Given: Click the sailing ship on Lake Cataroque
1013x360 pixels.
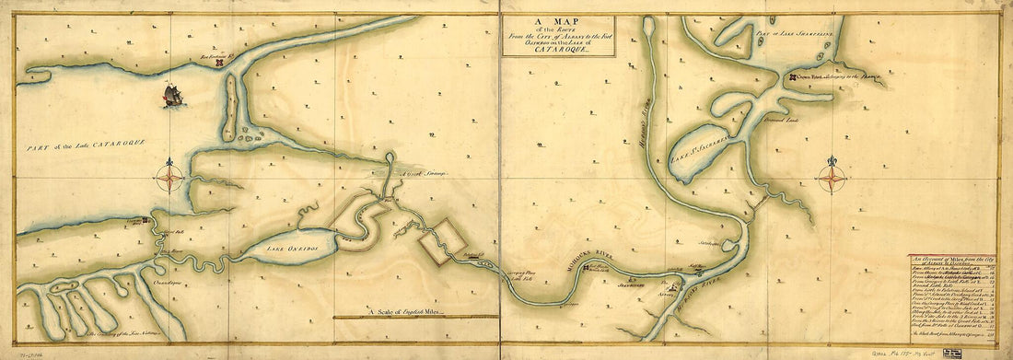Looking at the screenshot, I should point(172,95).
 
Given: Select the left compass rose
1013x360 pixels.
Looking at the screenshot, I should point(169,175).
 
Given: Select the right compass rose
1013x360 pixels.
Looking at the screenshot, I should point(832,175).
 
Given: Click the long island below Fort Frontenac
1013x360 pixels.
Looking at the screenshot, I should point(228,106).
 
